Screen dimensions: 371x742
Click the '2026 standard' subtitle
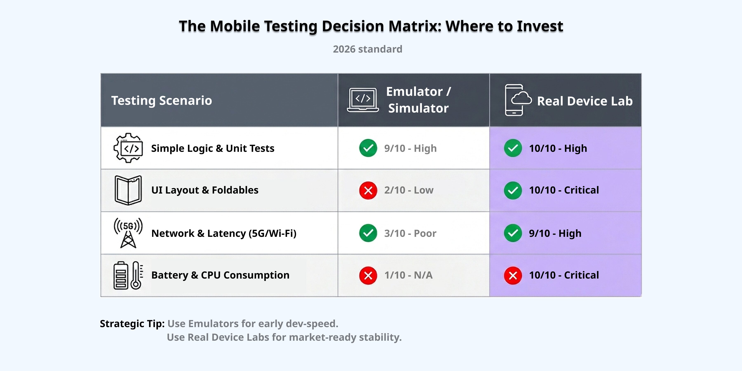click(367, 49)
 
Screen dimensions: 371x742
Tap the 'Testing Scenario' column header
click(162, 101)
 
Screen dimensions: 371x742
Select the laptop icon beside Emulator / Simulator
click(363, 100)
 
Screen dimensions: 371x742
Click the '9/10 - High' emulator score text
click(410, 148)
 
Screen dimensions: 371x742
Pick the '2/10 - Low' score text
click(409, 190)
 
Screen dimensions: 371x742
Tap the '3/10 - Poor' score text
click(410, 233)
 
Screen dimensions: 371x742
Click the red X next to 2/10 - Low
click(368, 190)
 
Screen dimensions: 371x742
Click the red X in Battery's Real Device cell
click(513, 276)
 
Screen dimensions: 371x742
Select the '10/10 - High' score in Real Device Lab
click(558, 148)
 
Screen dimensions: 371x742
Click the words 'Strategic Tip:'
click(132, 324)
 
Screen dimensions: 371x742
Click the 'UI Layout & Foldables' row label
click(205, 190)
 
